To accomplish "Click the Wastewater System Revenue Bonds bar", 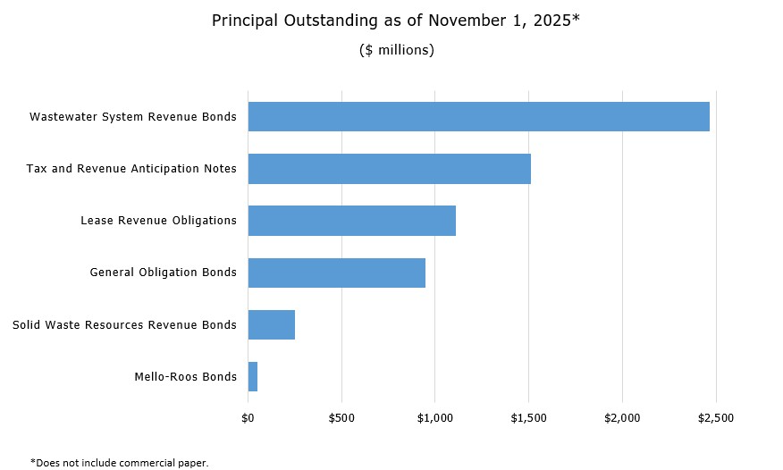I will tap(478, 117).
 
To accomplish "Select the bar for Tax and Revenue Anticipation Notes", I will tap(389, 169).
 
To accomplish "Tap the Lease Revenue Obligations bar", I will tap(351, 221).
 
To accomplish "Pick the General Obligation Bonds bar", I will tap(336, 273).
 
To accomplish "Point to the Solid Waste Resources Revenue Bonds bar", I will tap(271, 324).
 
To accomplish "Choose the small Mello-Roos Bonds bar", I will tap(253, 376).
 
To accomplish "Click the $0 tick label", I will tap(248, 417).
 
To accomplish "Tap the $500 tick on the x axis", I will tap(341, 417).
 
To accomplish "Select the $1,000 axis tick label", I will tap(434, 417).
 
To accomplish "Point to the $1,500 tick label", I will tap(528, 417).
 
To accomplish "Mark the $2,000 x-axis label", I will tap(622, 417).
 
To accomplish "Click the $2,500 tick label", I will tap(715, 417).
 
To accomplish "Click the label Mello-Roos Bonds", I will tap(185, 376).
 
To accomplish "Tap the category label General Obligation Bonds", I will tap(164, 273).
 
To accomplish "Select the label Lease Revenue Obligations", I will tap(158, 221).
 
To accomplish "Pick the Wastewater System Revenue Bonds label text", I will tap(133, 117).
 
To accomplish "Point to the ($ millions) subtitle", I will tap(396, 50).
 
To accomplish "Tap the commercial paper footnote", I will tap(119, 462).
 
